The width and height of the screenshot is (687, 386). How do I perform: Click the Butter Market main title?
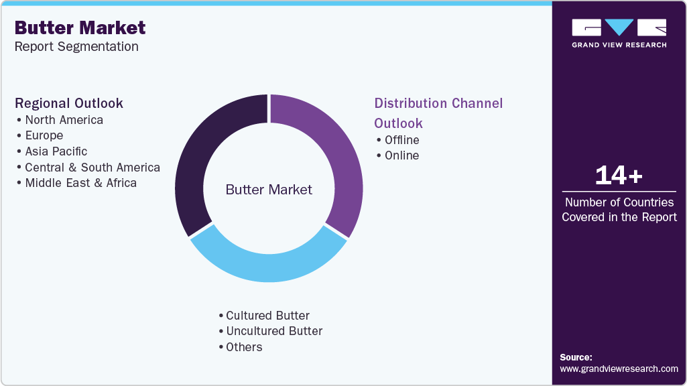tap(80, 27)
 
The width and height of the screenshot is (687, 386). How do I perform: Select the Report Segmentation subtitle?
tap(76, 46)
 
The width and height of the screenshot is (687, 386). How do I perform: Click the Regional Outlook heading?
tap(69, 103)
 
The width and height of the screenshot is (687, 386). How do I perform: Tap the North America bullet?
tap(64, 120)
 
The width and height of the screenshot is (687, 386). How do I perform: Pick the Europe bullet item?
tap(44, 135)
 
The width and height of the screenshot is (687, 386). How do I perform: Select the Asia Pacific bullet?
tap(56, 151)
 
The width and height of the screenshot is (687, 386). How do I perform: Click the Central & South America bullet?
tap(92, 168)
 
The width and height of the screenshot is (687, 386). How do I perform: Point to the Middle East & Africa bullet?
tap(80, 183)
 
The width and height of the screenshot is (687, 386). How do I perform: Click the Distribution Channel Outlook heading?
tap(438, 113)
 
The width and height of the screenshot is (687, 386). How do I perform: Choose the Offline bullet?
tap(401, 140)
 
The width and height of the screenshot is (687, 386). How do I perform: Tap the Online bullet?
tap(401, 155)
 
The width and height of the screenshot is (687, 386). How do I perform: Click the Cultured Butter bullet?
tap(267, 316)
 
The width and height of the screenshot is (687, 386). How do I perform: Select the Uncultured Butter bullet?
tap(274, 331)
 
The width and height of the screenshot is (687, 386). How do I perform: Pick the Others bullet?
tap(244, 347)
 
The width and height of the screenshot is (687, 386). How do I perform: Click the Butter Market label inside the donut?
tap(269, 190)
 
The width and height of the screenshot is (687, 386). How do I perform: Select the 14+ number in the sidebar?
tap(619, 176)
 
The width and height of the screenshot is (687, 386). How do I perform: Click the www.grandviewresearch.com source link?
tap(619, 369)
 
